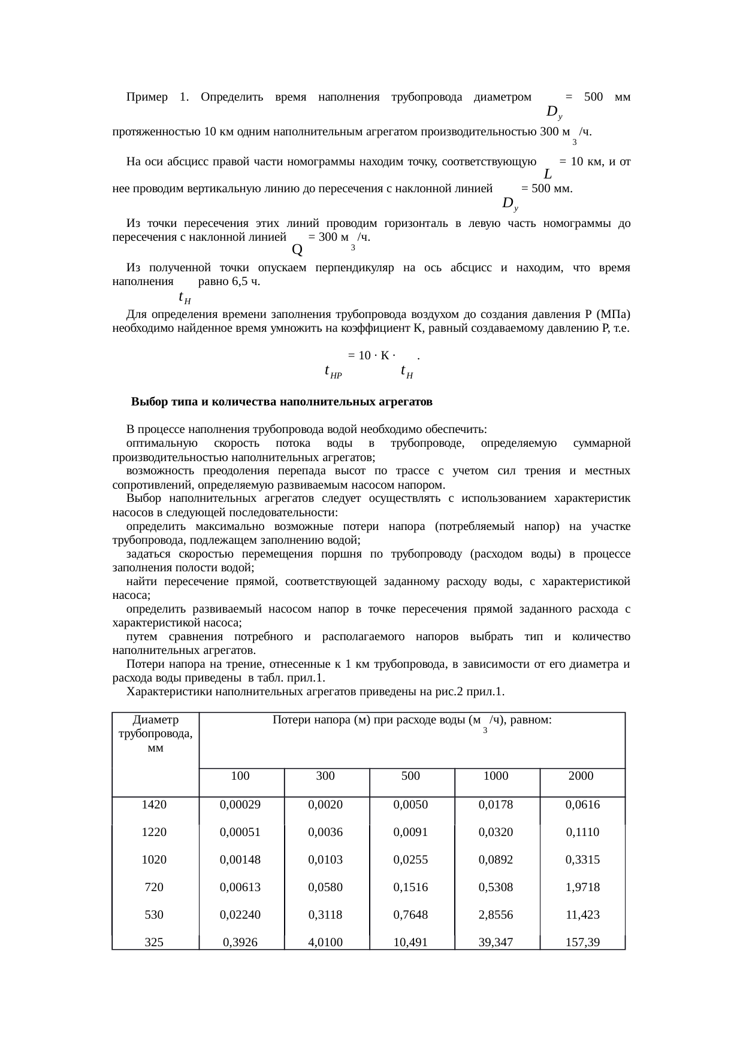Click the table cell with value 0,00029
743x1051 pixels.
pyautogui.click(x=240, y=804)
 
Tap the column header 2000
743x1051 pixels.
pyautogui.click(x=581, y=776)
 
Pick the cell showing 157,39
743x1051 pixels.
pyautogui.click(x=581, y=943)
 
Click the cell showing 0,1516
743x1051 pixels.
pyautogui.click(x=410, y=887)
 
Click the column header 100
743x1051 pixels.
pyautogui.click(x=240, y=776)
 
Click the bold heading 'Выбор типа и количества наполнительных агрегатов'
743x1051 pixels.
pyautogui.click(x=282, y=401)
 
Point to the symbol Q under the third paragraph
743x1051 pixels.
pyautogui.click(x=297, y=247)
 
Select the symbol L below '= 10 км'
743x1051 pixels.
pyautogui.click(x=548, y=174)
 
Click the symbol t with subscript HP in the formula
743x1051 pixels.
pyautogui.click(x=332, y=371)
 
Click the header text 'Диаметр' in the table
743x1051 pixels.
pyautogui.click(x=156, y=720)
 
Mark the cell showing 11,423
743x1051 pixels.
pyautogui.click(x=581, y=915)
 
